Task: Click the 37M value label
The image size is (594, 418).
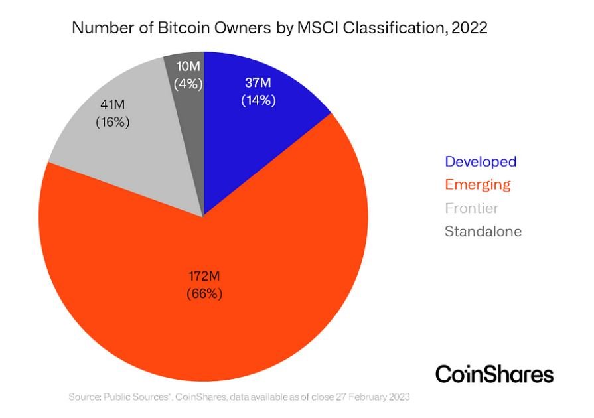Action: [258, 82]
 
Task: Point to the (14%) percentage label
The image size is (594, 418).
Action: [258, 100]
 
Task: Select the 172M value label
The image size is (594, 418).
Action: [204, 276]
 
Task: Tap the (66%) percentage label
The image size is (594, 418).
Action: [204, 294]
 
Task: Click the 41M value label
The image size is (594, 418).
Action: [113, 105]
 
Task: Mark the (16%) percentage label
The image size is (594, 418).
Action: [113, 122]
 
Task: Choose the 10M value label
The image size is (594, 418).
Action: [188, 66]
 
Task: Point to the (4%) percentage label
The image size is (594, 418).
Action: [188, 84]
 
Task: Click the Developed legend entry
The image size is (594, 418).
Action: [481, 162]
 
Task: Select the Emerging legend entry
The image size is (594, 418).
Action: [478, 185]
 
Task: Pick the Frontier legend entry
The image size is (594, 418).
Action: [472, 208]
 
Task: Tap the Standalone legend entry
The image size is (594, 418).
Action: [483, 232]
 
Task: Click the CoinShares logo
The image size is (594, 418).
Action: [494, 374]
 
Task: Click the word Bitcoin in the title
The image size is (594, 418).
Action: [184, 28]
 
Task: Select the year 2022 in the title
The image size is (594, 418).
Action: [470, 28]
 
